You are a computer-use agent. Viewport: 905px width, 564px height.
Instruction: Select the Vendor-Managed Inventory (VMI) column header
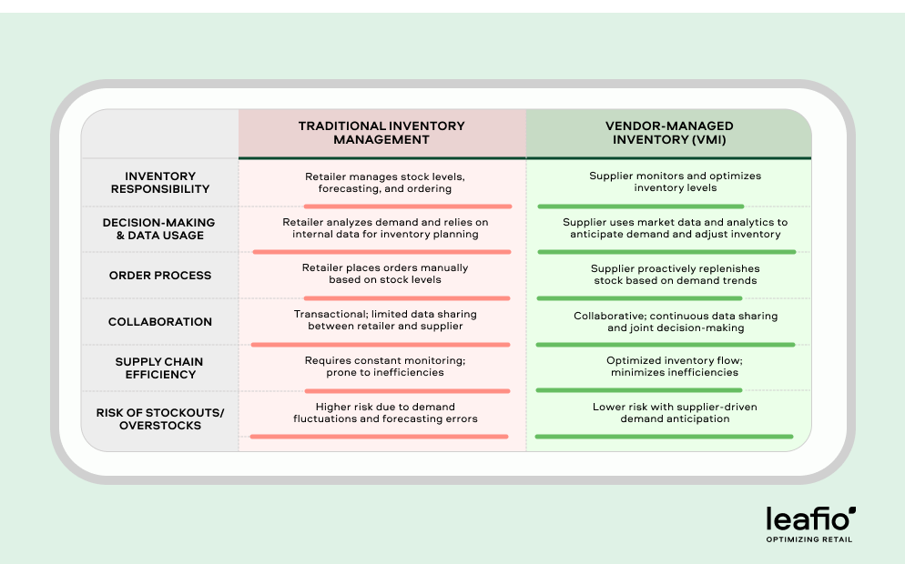[x=668, y=133]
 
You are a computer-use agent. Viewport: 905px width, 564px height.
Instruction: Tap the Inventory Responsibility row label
[x=160, y=183]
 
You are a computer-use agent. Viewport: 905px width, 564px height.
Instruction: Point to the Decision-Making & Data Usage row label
[x=159, y=228]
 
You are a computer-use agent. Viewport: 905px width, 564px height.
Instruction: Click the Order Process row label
[x=160, y=276]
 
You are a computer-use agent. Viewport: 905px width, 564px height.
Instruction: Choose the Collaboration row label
[x=160, y=322]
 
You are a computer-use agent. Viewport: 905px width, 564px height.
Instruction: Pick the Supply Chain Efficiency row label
[x=160, y=368]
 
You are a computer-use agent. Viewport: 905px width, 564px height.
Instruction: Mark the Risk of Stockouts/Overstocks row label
[x=160, y=418]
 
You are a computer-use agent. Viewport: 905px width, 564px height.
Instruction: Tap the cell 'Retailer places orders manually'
[x=384, y=275]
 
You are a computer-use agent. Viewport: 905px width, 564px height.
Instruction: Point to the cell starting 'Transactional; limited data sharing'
[x=384, y=320]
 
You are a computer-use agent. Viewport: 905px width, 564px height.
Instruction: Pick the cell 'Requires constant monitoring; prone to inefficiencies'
[x=384, y=367]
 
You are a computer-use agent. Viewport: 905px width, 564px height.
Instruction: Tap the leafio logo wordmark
[x=810, y=519]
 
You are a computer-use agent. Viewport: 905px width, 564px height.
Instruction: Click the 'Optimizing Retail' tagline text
[x=809, y=539]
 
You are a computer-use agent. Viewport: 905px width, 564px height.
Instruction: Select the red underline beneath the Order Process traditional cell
[x=381, y=297]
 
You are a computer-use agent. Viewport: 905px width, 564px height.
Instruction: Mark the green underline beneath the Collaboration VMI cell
[x=666, y=345]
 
